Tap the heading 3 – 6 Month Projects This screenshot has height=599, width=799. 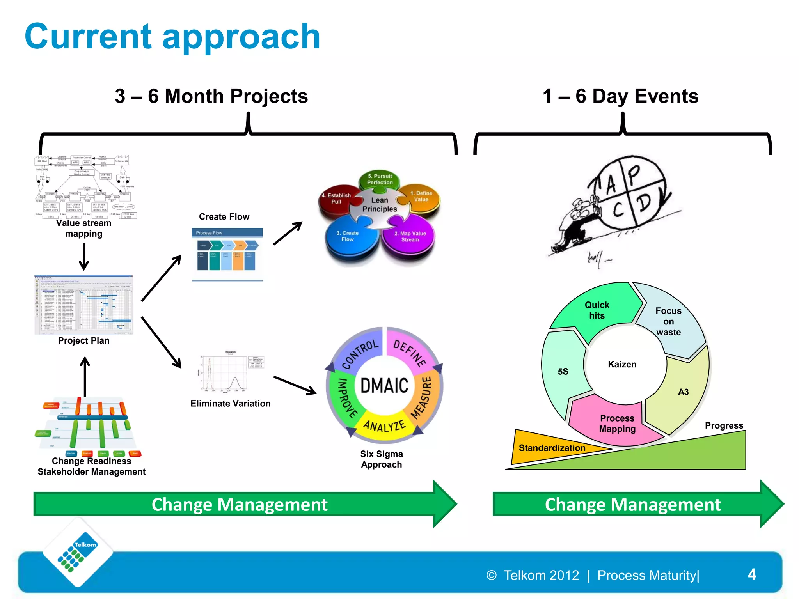point(211,96)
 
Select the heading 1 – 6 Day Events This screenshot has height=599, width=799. point(620,96)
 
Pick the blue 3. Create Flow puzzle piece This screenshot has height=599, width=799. point(348,238)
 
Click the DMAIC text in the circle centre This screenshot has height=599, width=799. point(384,386)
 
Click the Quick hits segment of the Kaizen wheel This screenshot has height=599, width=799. point(597,310)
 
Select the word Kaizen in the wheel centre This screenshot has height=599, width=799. point(622,364)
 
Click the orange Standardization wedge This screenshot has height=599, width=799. point(552,448)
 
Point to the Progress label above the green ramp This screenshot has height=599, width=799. point(724,425)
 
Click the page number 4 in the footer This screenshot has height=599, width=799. point(752,574)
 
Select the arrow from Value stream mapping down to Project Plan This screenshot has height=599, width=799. point(84,256)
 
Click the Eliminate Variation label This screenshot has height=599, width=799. point(230,404)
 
